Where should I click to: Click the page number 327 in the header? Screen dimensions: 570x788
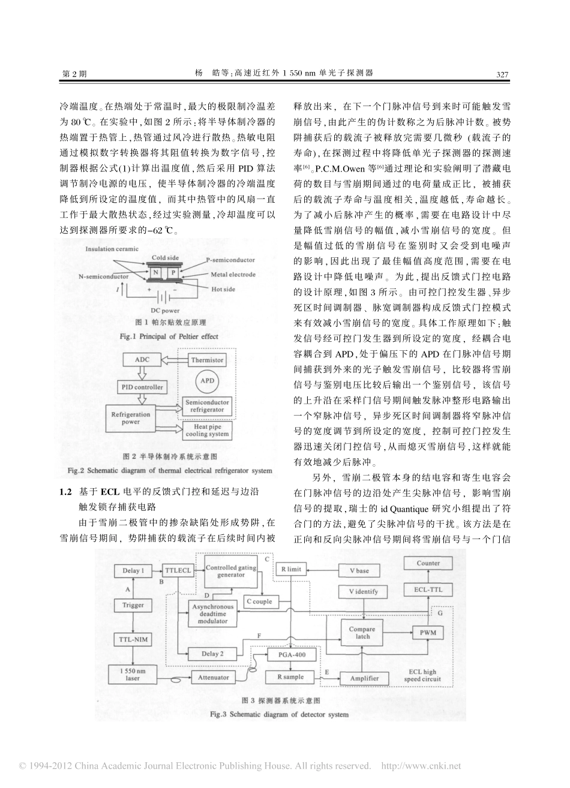[502, 74]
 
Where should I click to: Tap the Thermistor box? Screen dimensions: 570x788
[207, 360]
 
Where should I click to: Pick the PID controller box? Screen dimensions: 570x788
[140, 387]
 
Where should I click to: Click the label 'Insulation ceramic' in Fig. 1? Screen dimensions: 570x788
[112, 248]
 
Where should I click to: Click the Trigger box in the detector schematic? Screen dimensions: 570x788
[133, 606]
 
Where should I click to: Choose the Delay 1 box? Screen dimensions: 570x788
[133, 571]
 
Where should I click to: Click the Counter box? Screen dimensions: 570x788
[428, 564]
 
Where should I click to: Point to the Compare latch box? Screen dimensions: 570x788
[362, 633]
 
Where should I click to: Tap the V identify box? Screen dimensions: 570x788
[363, 591]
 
